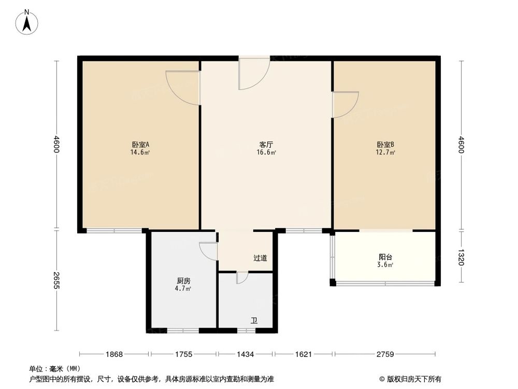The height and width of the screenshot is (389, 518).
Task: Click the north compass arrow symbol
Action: click(x=27, y=22)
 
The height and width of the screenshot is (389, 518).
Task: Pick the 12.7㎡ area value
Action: click(x=385, y=152)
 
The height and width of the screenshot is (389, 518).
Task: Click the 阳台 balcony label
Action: click(x=385, y=257)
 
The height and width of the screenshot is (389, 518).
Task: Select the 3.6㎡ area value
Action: click(x=385, y=265)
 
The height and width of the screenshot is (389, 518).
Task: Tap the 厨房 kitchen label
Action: click(x=183, y=280)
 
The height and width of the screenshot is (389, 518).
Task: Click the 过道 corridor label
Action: click(x=261, y=258)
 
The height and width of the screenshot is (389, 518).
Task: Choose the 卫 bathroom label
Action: click(x=254, y=320)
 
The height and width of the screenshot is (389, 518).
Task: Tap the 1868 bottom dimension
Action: click(x=114, y=354)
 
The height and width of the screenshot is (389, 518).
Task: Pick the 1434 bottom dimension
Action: click(x=246, y=354)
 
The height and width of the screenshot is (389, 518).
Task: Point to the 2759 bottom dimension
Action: click(x=385, y=354)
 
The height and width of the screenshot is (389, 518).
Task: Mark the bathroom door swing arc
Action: click(x=242, y=279)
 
